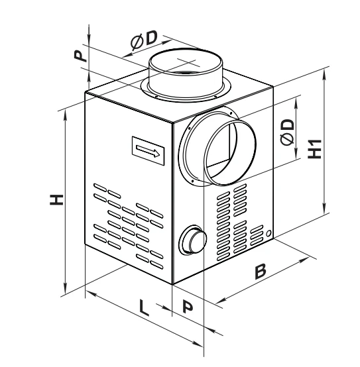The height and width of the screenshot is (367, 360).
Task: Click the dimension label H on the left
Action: [x=56, y=199]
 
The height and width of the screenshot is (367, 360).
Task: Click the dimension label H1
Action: [x=315, y=149]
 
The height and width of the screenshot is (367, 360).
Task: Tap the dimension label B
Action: [x=261, y=271]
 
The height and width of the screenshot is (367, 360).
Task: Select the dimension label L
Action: [x=144, y=307]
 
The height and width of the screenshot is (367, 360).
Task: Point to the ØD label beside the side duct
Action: [x=287, y=132]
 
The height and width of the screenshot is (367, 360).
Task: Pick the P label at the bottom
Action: [x=188, y=307]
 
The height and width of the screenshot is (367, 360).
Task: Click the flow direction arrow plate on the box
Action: [x=149, y=150]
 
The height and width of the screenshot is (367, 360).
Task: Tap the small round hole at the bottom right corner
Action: [x=269, y=233]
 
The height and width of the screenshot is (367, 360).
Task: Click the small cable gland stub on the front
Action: [x=193, y=240]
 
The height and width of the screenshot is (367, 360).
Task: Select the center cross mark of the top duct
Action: [x=187, y=62]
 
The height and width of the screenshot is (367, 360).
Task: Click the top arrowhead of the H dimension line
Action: [x=66, y=115]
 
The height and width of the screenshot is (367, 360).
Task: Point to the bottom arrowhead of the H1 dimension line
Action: [x=324, y=209]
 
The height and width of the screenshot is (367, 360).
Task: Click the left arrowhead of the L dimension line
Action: [x=91, y=293]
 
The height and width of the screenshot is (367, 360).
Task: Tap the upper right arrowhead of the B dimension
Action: [x=304, y=260]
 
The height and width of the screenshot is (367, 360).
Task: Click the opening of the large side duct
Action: [x=230, y=152]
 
